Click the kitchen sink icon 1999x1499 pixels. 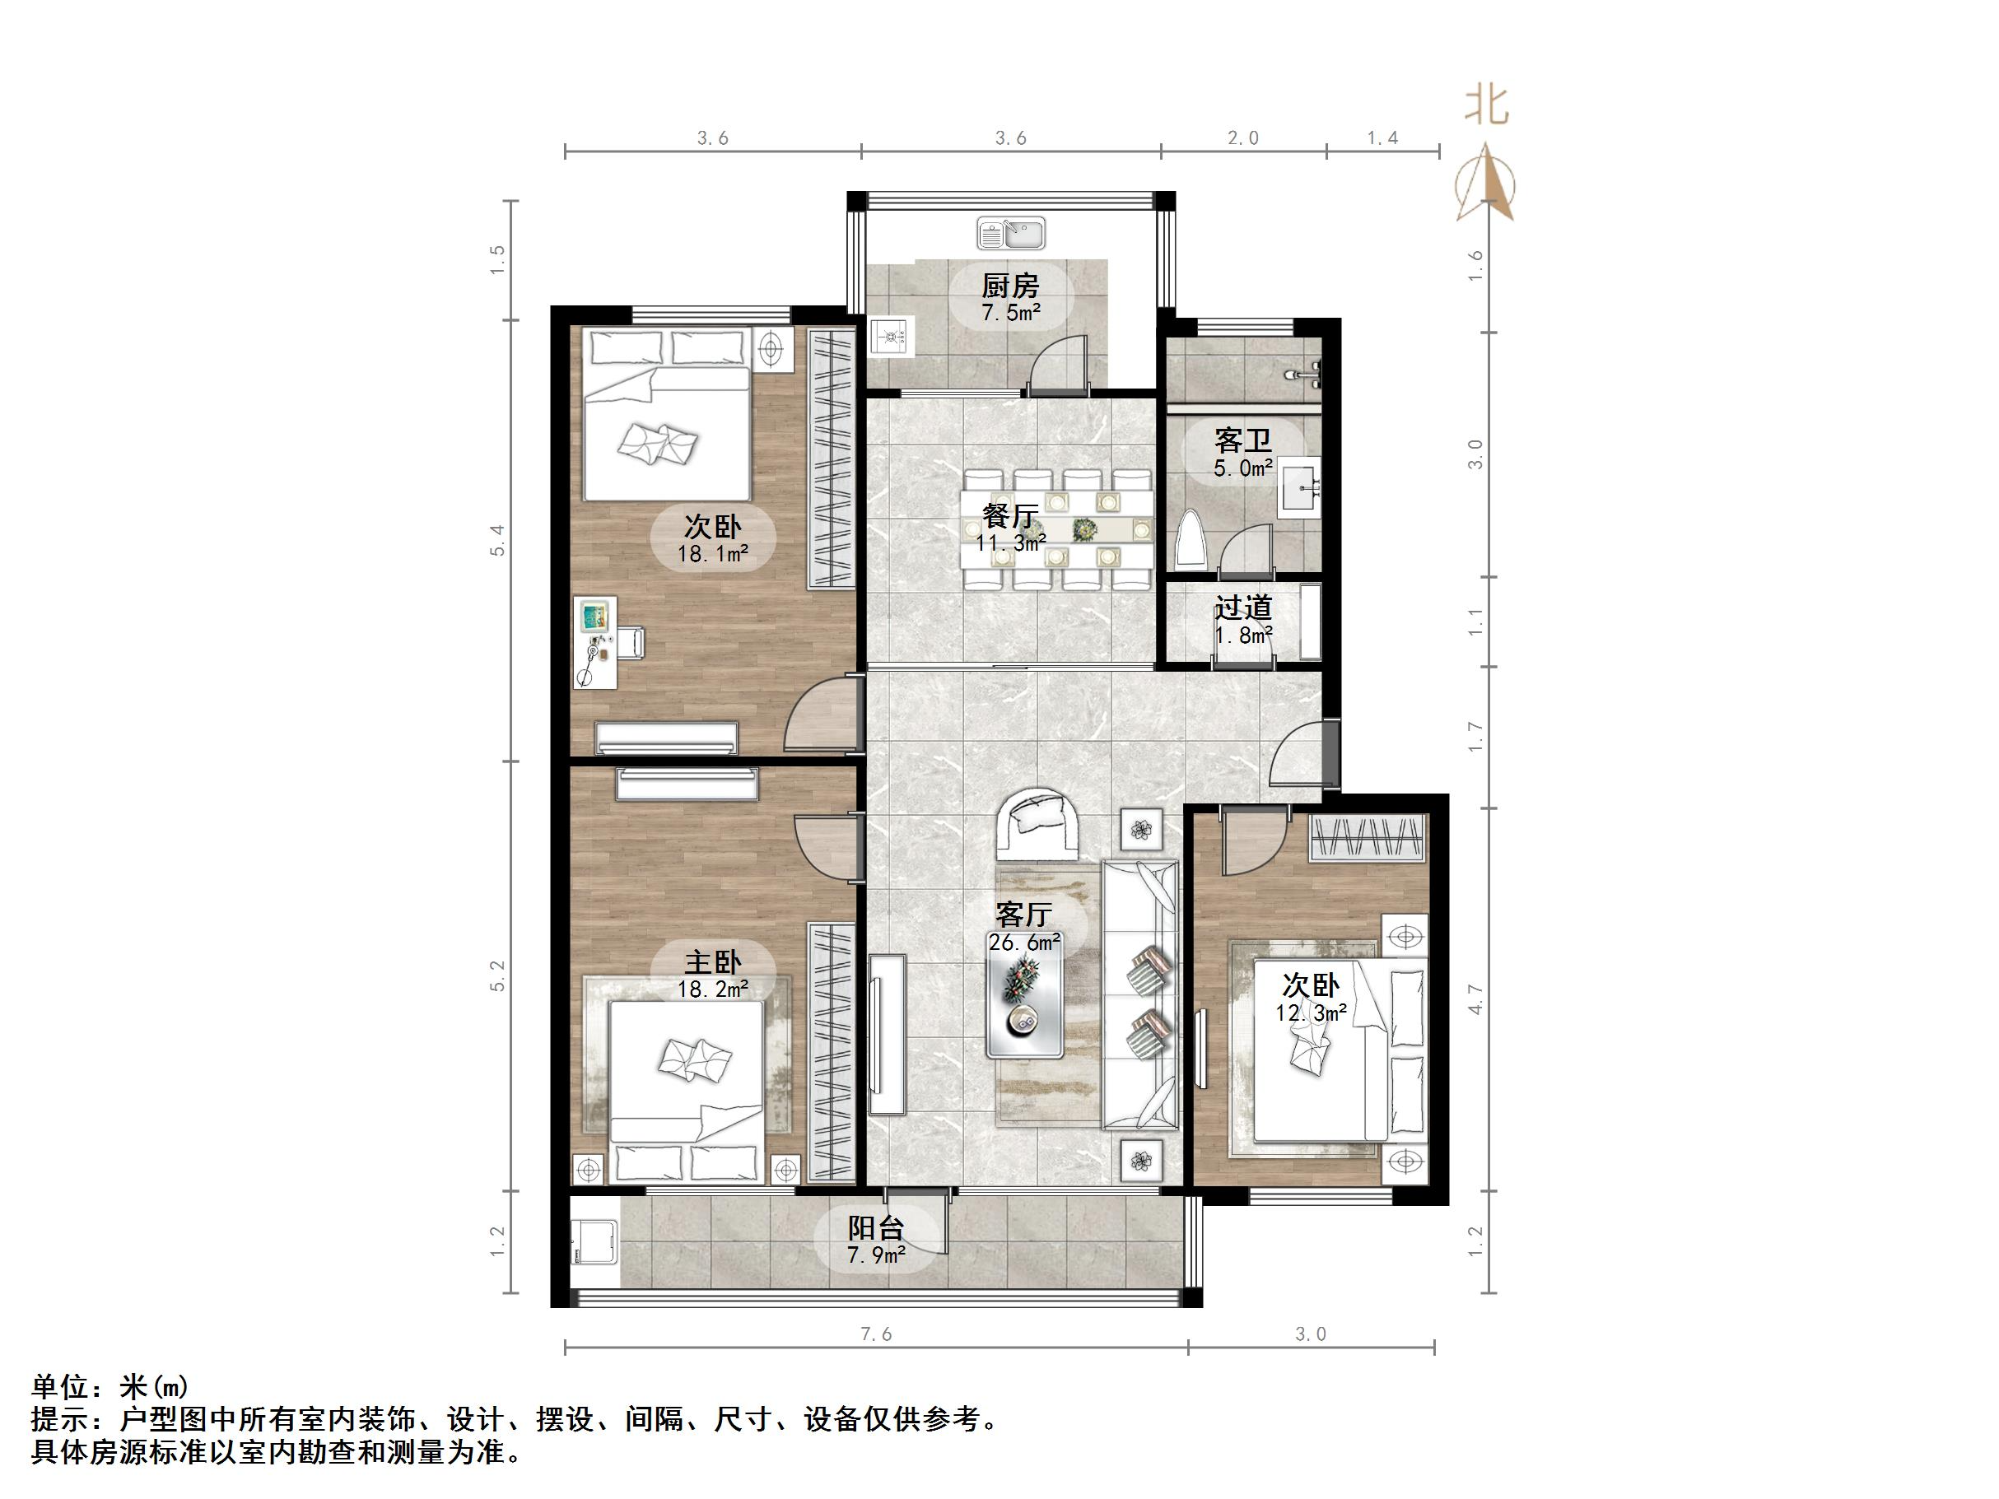(1010, 234)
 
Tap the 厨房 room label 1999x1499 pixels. (1010, 286)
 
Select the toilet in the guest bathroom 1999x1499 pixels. (1191, 541)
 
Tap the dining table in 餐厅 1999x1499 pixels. (1057, 528)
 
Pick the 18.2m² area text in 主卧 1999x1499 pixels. (713, 989)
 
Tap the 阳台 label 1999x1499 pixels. (876, 1228)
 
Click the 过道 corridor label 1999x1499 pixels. (1242, 608)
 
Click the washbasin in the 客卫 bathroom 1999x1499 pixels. (1299, 487)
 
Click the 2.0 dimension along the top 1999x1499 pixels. (1242, 138)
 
